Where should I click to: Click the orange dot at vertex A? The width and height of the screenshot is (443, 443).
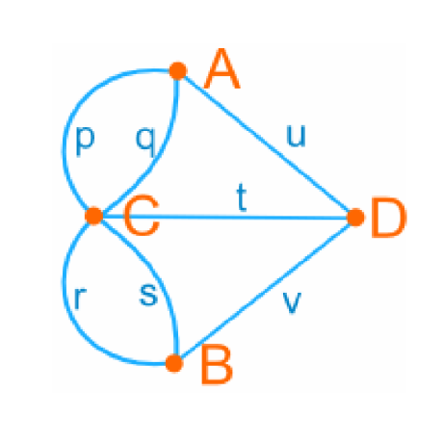click(177, 70)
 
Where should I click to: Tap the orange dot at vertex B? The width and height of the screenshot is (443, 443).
click(174, 363)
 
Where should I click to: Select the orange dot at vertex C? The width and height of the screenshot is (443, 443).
click(94, 216)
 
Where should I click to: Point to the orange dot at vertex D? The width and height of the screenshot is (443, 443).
click(355, 218)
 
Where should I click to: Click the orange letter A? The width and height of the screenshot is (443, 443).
click(222, 68)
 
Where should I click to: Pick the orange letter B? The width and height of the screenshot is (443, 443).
click(217, 364)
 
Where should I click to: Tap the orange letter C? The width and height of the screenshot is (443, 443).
click(142, 215)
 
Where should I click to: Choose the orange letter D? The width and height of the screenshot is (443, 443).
click(389, 218)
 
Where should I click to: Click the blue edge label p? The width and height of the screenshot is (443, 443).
click(85, 142)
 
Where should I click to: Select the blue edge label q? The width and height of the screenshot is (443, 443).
click(145, 142)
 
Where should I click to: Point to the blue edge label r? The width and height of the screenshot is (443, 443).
click(80, 298)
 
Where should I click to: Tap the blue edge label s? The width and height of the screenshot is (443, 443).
click(148, 295)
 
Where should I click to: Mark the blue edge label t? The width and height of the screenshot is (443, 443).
click(242, 198)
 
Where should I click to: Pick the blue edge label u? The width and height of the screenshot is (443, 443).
click(296, 136)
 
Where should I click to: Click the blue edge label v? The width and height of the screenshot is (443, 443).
click(292, 302)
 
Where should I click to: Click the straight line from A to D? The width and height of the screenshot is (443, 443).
click(267, 143)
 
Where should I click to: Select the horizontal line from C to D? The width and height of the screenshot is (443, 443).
click(224, 217)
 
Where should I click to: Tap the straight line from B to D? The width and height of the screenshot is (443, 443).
click(265, 290)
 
